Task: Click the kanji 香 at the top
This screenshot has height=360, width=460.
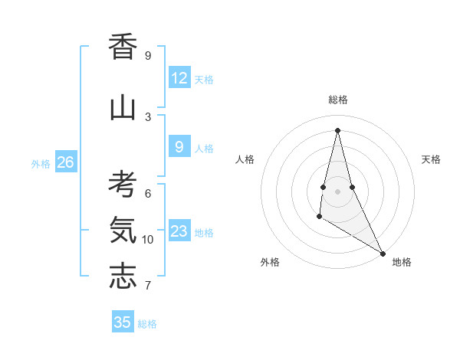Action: coord(123,47)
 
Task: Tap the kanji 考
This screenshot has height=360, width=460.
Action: coord(123,185)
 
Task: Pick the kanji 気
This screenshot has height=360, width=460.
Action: coord(123,231)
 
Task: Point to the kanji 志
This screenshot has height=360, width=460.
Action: coord(123,277)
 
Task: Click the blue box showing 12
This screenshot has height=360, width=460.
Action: coord(179,78)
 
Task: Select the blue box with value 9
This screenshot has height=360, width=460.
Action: coord(179,147)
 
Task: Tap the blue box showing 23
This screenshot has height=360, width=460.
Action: coord(179,231)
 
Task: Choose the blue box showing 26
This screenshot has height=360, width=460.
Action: coord(66,162)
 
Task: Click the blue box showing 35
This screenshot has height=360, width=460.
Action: coord(123,322)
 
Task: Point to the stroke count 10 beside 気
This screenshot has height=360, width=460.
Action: coord(148,240)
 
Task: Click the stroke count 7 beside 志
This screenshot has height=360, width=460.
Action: coord(148,286)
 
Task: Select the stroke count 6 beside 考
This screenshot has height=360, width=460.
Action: coord(148,193)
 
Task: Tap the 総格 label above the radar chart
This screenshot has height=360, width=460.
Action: coord(337,100)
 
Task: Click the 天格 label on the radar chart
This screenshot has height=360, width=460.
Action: coord(431,159)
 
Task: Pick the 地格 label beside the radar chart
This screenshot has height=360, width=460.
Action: coord(402,262)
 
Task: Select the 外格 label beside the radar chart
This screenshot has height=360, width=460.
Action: coord(270,262)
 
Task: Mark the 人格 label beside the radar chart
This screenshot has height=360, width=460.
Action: coord(245,159)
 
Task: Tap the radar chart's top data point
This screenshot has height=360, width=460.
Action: coord(337,130)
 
